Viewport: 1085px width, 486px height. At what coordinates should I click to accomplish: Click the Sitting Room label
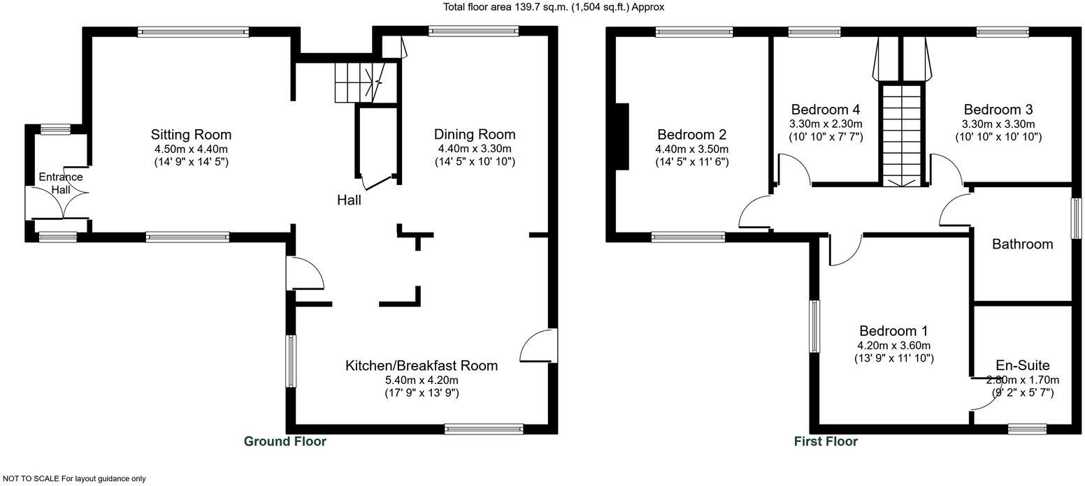click(x=191, y=135)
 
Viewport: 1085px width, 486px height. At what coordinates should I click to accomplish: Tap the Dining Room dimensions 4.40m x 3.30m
click(x=475, y=149)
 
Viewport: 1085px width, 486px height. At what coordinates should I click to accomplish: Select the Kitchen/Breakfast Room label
click(x=422, y=366)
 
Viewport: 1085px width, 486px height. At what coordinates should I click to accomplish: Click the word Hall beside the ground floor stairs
click(x=349, y=200)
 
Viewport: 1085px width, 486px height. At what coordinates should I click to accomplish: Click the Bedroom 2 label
click(x=691, y=135)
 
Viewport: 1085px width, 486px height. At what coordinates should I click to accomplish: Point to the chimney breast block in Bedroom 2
click(x=621, y=136)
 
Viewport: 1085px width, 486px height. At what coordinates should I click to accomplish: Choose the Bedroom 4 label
click(x=825, y=110)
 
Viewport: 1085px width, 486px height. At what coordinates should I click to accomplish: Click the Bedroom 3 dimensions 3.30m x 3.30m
click(x=998, y=124)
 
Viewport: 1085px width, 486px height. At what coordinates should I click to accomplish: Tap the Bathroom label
click(x=1022, y=244)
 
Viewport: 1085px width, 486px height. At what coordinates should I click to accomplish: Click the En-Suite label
click(x=1023, y=366)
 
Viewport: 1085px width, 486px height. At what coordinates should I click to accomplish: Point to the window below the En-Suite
click(x=1027, y=429)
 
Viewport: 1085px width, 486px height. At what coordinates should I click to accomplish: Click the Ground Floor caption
click(x=285, y=441)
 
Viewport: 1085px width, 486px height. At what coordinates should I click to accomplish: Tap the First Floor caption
click(x=826, y=441)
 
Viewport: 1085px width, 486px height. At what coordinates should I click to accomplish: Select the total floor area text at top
click(x=554, y=7)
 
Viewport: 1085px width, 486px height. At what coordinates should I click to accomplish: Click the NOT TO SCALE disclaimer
click(x=73, y=479)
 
